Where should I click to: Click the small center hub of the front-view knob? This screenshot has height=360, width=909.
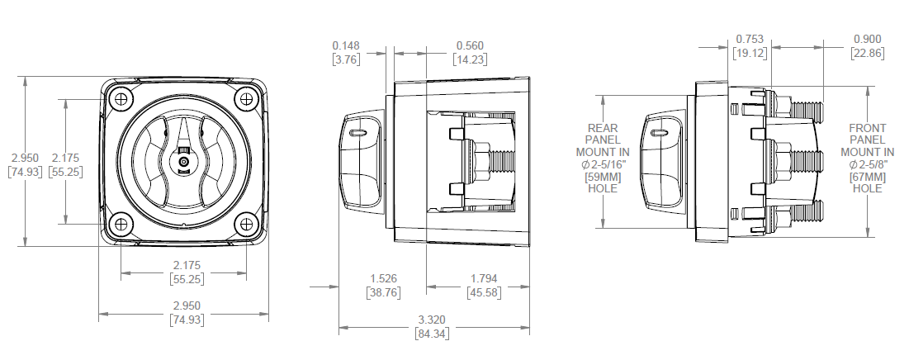[184, 162]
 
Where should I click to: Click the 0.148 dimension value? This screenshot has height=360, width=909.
[346, 45]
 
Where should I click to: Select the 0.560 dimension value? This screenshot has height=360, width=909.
[470, 45]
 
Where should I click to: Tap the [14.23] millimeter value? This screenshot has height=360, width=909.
[470, 59]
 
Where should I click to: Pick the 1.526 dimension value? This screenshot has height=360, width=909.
[383, 279]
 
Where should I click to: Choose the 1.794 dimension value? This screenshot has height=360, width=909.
[484, 279]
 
